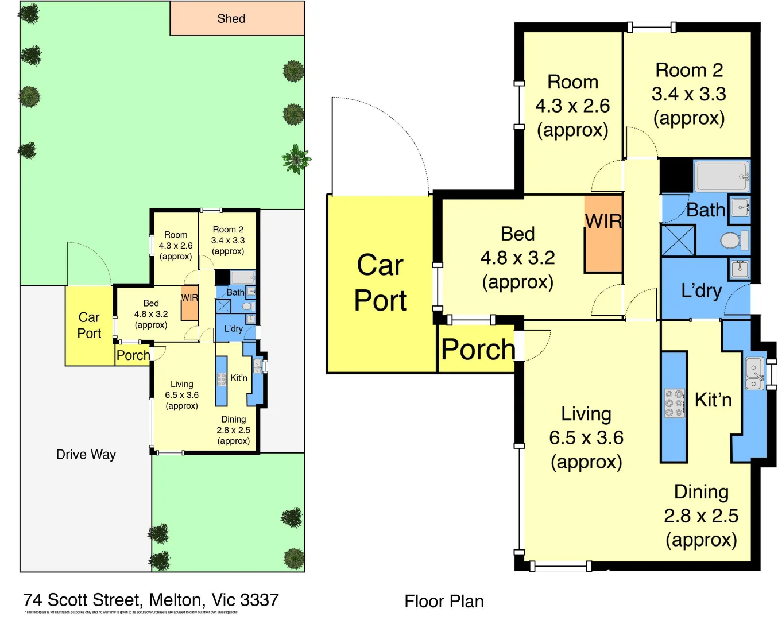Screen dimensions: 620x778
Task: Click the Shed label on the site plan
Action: tap(231, 19)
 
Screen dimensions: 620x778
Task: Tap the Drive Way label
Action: tap(86, 455)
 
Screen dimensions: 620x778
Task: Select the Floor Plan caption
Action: tap(444, 602)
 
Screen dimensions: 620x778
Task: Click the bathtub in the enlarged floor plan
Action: tap(722, 176)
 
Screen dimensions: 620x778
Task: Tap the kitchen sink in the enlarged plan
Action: tap(754, 373)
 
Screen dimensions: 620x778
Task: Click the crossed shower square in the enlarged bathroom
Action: tap(678, 241)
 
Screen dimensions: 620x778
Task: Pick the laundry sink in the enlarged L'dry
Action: tap(740, 268)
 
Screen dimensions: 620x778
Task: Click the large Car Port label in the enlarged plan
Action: tap(380, 283)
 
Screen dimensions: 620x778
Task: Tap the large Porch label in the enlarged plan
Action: tap(478, 350)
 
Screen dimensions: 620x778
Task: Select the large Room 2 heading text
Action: tap(689, 70)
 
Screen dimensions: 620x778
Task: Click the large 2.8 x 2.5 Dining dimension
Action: tap(701, 516)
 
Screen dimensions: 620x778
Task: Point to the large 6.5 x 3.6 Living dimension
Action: tap(586, 438)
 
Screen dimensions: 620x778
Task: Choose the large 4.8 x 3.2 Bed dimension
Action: tap(518, 258)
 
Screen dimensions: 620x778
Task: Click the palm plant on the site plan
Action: tap(296, 158)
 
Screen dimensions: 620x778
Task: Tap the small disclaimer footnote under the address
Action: tap(131, 613)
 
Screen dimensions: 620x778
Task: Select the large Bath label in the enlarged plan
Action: tap(706, 210)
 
